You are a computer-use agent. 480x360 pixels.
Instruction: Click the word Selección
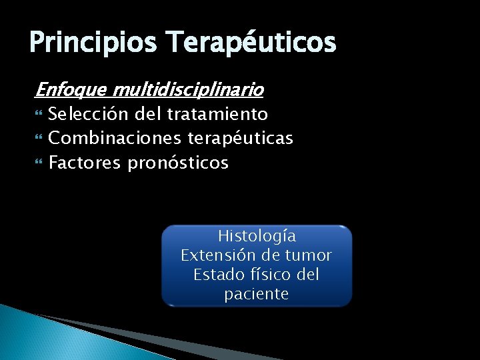[x=88, y=114]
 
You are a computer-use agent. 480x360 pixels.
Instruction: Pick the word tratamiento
[x=217, y=114]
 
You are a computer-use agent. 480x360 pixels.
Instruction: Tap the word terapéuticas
[x=241, y=138]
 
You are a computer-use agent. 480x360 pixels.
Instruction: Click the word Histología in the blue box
[x=257, y=236]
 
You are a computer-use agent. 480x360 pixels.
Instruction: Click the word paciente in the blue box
[x=257, y=294]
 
